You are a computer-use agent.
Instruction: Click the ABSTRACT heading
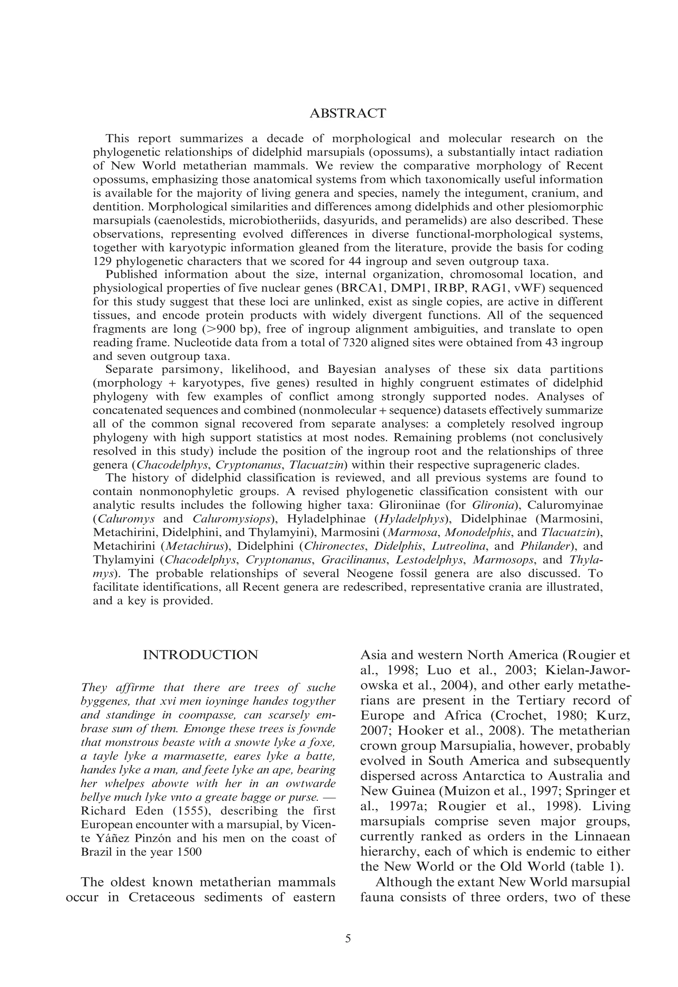[x=348, y=113]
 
